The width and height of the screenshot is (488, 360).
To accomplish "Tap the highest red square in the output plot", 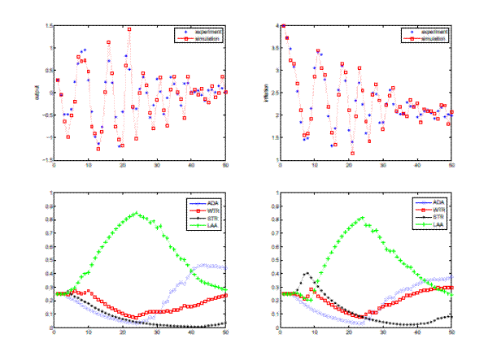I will (129, 29).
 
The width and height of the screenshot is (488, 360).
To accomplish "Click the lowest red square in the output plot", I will (121, 145).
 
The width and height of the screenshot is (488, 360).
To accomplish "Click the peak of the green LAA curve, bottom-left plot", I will (136, 214).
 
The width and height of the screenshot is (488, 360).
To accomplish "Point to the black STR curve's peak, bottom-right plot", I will (306, 274).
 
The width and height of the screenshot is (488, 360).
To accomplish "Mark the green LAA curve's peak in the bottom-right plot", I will (362, 218).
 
